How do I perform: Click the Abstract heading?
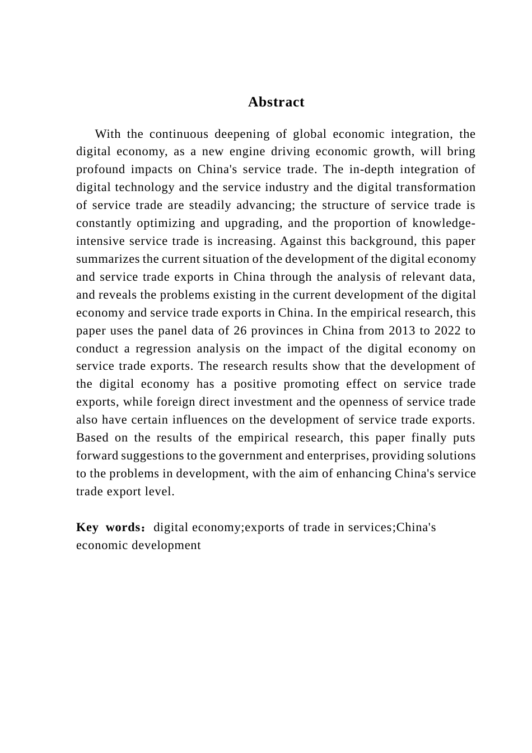pyautogui.click(x=276, y=102)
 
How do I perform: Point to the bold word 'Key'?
pyautogui.click(x=87, y=528)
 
